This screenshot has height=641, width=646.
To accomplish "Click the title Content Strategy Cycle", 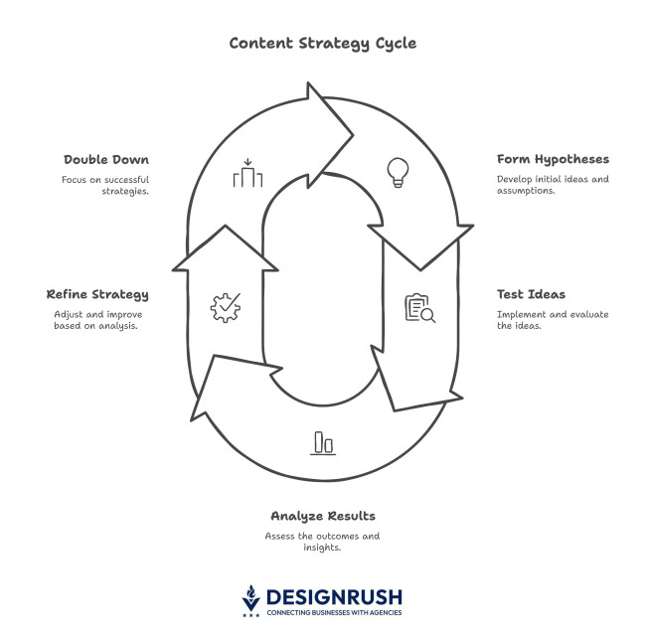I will pos(322,43).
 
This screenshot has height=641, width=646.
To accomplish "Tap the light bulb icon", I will pos(398,172).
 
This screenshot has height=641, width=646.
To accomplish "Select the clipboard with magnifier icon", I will pos(419,308).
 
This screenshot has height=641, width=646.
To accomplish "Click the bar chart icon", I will pos(323,442).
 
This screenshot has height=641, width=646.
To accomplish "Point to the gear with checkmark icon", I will pos(225,306).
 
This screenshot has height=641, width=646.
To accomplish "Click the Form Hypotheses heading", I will pos(553,159).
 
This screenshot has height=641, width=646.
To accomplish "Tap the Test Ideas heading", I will pos(531,294).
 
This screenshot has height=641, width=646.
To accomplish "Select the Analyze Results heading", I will pos(322,517).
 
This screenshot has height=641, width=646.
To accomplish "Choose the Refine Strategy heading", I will pos(97,294).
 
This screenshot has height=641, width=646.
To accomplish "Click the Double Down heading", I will pos(106,159).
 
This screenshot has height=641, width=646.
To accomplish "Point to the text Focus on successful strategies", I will pos(104,185).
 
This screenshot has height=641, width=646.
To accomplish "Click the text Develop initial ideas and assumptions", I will pos(553,185).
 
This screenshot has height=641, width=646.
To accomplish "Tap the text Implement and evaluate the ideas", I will pos(553,320).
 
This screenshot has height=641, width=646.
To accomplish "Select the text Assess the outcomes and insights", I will pos(322,542).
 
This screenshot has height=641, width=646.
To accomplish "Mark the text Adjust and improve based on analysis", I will pos(95,320).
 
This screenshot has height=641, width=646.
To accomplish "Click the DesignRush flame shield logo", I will pos(251,598).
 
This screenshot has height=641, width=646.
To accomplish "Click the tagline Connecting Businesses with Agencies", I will pos(334,613).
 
